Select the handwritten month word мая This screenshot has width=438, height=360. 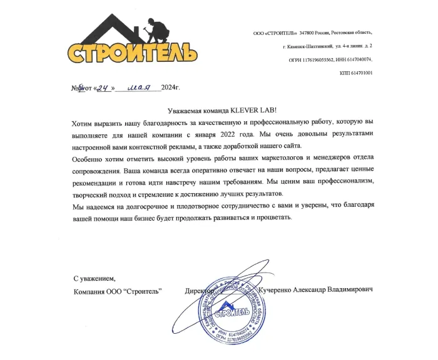click(140, 88)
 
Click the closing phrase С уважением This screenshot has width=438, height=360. click(94, 279)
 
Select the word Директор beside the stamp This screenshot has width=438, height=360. click(200, 291)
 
